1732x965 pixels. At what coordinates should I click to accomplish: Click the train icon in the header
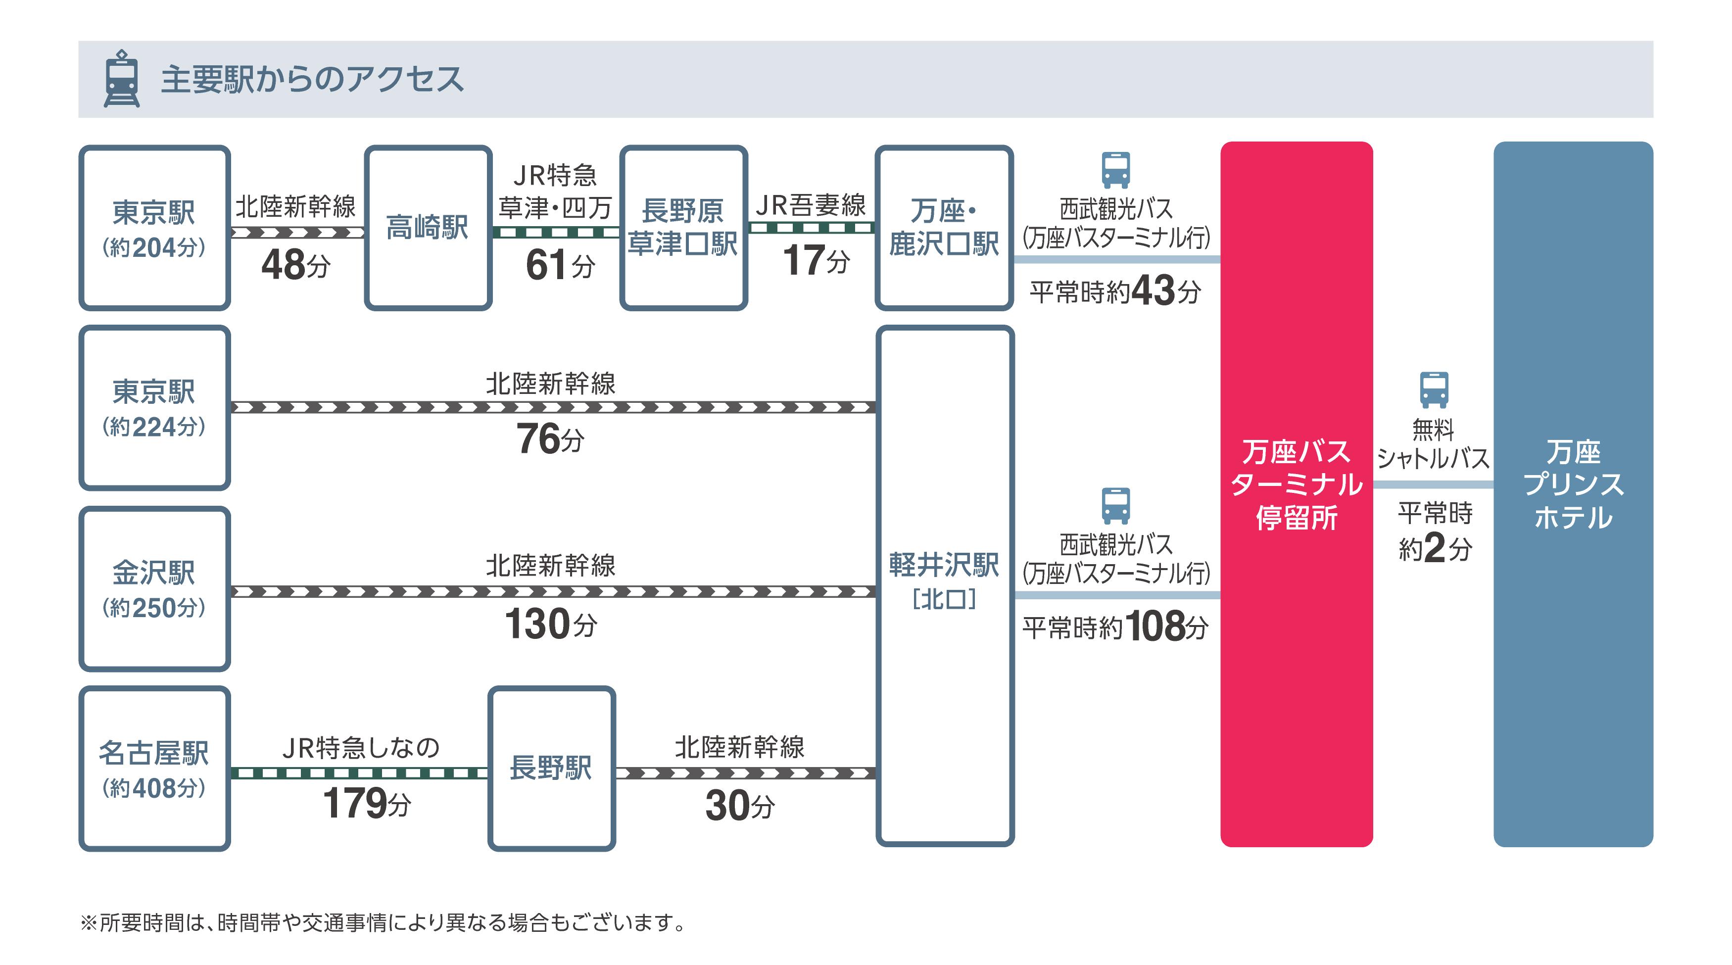[122, 79]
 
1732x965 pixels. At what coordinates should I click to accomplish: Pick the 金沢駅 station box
[154, 588]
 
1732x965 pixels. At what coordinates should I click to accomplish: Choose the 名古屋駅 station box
[154, 769]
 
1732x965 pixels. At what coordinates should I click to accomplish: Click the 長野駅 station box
[551, 768]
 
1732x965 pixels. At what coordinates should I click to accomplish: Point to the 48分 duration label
[296, 265]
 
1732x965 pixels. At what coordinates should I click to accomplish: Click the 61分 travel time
[559, 265]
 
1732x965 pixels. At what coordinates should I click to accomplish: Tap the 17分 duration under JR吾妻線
[816, 261]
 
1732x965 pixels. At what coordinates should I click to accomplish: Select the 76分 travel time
[550, 439]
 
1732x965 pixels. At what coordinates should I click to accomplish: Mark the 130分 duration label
[550, 624]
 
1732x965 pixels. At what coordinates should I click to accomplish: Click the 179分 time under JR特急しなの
[366, 803]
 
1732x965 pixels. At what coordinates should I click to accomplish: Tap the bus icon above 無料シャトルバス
[1434, 389]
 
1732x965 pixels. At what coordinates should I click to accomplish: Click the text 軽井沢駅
[944, 565]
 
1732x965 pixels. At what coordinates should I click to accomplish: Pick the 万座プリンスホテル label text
[1573, 484]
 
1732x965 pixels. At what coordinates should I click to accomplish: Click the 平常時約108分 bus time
[1115, 627]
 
